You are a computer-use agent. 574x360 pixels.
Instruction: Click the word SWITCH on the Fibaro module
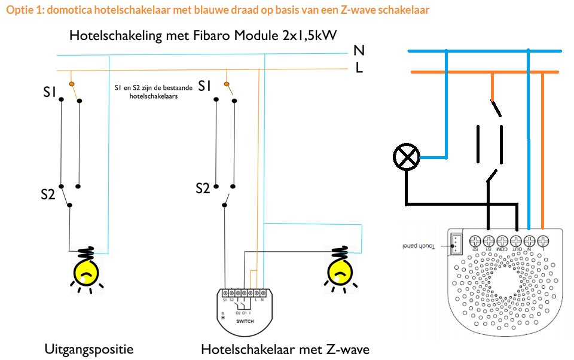pos(245,321)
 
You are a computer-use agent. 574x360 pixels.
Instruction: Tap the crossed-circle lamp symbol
pos(407,157)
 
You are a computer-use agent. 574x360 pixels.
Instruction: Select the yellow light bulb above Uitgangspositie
pos(87,271)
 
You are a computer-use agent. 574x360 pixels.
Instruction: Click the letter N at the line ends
pos(359,51)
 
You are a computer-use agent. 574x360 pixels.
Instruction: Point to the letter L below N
pos(359,68)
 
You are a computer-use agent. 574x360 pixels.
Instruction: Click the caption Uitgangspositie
pos(88,349)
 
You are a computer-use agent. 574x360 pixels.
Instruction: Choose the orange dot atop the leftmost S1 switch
pos(72,84)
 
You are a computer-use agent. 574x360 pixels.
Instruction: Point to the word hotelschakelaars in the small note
pos(154,95)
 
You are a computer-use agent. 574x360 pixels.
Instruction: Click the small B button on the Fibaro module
pos(223,317)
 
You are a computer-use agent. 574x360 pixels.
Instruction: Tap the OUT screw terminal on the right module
pos(517,241)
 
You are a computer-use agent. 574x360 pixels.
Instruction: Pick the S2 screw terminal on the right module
pos(476,241)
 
